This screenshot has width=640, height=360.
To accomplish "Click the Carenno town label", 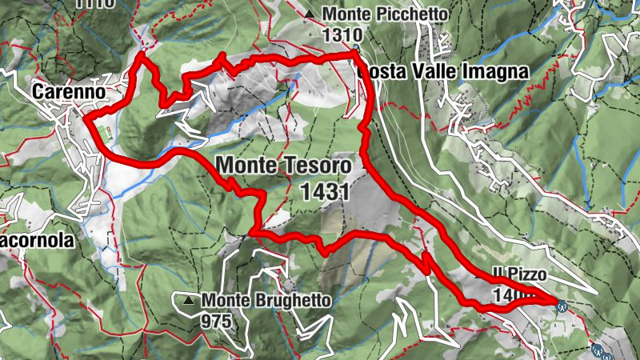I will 70,93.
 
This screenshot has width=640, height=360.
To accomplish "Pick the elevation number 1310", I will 342,35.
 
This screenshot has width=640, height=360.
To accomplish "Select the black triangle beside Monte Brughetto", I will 188,301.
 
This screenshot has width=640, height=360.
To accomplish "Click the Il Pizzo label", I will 520,274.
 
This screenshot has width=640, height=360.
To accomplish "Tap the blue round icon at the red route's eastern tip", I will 562,304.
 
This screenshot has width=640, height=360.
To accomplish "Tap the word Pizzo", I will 527,274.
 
